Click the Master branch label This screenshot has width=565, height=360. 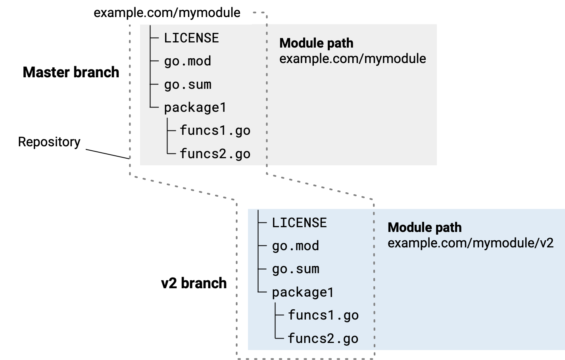tap(71, 72)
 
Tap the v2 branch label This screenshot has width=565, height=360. tap(194, 283)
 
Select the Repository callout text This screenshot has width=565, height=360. tap(49, 142)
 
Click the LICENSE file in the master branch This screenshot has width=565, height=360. tap(191, 38)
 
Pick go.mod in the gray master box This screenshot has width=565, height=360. tap(187, 61)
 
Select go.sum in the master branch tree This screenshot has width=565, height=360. tap(187, 84)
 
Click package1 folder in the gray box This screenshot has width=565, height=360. tap(195, 107)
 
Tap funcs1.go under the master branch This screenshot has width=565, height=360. tap(215, 130)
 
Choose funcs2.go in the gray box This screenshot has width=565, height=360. tap(215, 154)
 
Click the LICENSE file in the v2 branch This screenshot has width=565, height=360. tap(299, 223)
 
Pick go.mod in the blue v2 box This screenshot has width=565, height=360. tap(295, 246)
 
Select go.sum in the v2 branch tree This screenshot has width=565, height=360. tap(295, 269)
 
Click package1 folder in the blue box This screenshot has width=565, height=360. tap(303, 293)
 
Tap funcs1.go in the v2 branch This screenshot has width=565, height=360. tap(323, 315)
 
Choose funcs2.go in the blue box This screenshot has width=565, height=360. tap(323, 339)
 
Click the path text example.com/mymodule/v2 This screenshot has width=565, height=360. tap(470, 243)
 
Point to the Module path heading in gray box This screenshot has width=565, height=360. tap(316, 43)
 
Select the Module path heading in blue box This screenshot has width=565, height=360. tap(425, 228)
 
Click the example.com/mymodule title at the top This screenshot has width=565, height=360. tap(167, 13)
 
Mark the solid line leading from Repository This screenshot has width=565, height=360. tap(108, 154)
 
